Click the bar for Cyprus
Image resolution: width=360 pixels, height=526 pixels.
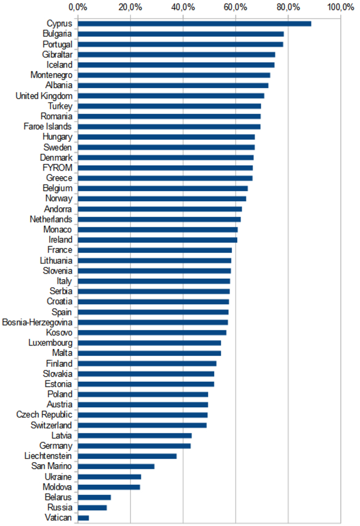pyautogui.click(x=194, y=23)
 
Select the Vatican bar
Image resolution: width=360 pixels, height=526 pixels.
pyautogui.click(x=83, y=517)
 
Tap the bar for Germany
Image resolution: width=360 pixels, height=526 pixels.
pyautogui.click(x=134, y=445)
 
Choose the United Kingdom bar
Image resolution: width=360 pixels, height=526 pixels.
pyautogui.click(x=171, y=95)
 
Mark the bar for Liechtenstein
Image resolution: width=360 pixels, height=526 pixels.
pyautogui.click(x=127, y=456)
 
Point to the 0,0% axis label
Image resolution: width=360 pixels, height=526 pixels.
pyautogui.click(x=77, y=7)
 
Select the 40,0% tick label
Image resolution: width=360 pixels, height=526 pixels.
pyautogui.click(x=183, y=7)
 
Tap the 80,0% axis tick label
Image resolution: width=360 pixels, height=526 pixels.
pyautogui.click(x=288, y=7)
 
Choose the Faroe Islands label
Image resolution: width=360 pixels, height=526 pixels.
pyautogui.click(x=48, y=126)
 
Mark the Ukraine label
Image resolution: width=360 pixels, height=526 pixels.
pyautogui.click(x=58, y=476)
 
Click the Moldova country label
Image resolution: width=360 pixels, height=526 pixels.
pyautogui.click(x=57, y=487)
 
